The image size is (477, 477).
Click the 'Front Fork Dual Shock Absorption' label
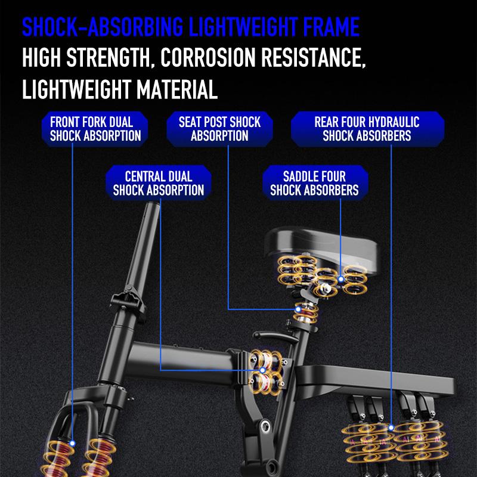pyautogui.click(x=95, y=129)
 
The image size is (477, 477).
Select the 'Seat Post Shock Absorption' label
pyautogui.click(x=220, y=129)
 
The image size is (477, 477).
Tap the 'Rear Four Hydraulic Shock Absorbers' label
pyautogui.click(x=367, y=129)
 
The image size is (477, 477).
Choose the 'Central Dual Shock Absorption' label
pyautogui.click(x=159, y=183)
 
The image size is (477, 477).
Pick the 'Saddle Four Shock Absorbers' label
pyautogui.click(x=314, y=183)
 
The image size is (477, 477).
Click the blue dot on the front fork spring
pyautogui.click(x=72, y=443)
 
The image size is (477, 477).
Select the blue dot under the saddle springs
pyautogui.click(x=340, y=277)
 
